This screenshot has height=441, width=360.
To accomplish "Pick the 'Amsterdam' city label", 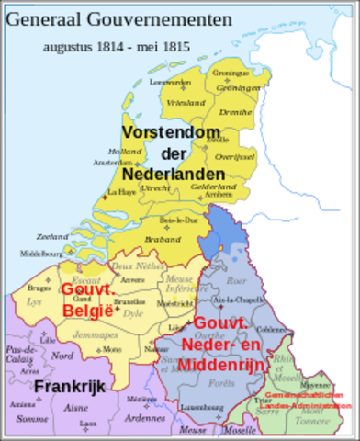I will pyautogui.click(x=107, y=162).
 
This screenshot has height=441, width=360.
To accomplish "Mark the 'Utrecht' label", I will pyautogui.click(x=157, y=187).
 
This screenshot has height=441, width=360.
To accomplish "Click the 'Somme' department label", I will pyautogui.click(x=32, y=418).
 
